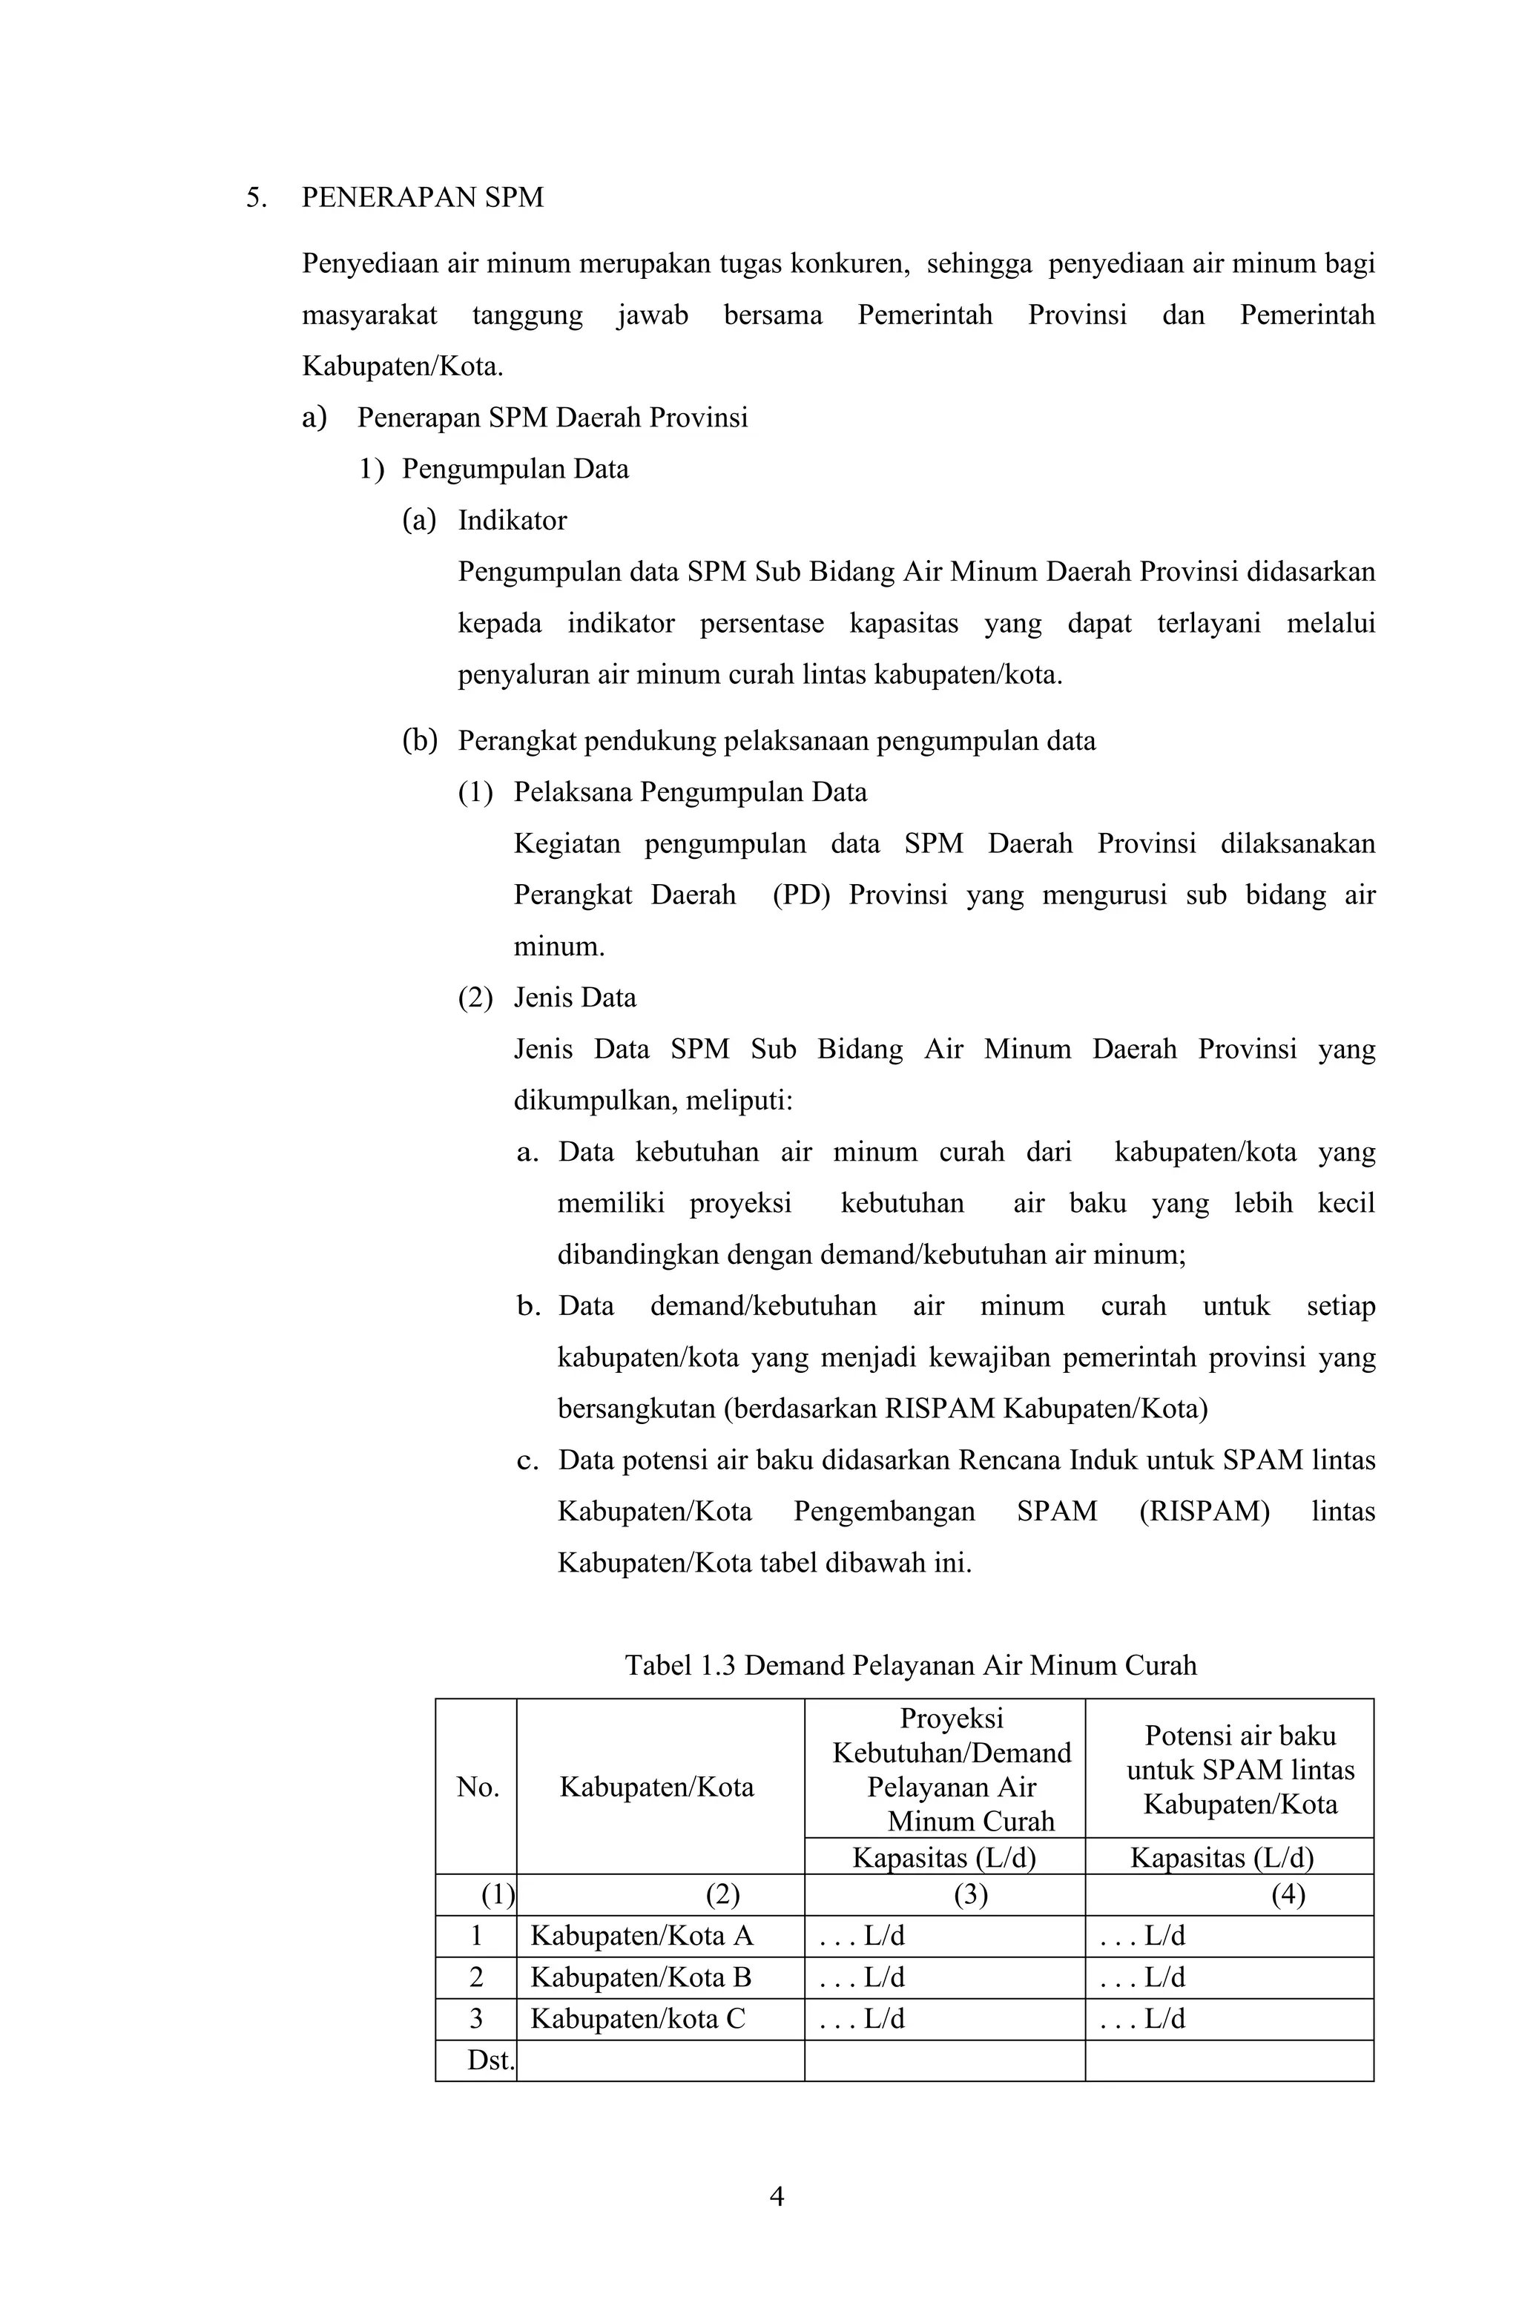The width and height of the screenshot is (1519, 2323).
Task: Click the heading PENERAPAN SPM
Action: pyautogui.click(x=422, y=198)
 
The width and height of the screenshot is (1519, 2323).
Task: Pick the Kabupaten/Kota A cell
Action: pyautogui.click(x=642, y=1936)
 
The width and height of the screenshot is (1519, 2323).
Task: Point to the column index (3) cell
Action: pyautogui.click(x=970, y=1894)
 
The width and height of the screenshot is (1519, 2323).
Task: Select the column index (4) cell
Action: pyautogui.click(x=1288, y=1894)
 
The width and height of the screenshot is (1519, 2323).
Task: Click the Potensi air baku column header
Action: pyautogui.click(x=1240, y=1769)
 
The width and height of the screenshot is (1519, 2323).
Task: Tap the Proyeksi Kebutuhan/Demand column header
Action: pyautogui.click(x=951, y=1769)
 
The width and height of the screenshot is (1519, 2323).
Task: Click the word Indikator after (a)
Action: pyautogui.click(x=513, y=520)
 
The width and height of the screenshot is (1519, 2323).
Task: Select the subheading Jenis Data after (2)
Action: pyautogui.click(x=575, y=998)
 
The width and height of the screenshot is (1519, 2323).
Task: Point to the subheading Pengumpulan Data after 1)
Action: pyautogui.click(x=515, y=469)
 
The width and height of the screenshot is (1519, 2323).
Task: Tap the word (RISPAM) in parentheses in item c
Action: pyautogui.click(x=1204, y=1512)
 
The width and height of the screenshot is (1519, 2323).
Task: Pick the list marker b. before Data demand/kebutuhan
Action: pyautogui.click(x=528, y=1306)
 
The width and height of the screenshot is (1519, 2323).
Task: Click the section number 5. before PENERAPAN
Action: pyautogui.click(x=256, y=198)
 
